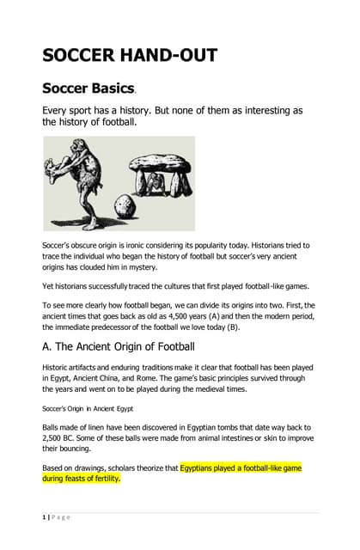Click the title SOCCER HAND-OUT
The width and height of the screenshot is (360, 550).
point(130,56)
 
